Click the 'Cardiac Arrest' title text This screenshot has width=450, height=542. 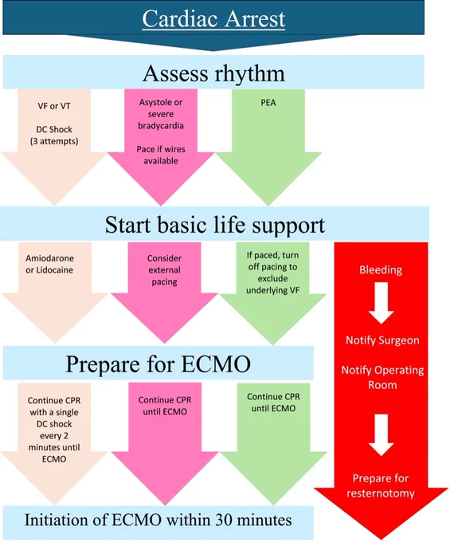pos(213,18)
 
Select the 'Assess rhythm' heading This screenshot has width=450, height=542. pos(213,73)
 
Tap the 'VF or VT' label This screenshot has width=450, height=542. pos(54,106)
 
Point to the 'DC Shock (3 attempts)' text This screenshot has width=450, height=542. pos(54,135)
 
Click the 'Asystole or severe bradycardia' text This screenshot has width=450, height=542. pos(161,114)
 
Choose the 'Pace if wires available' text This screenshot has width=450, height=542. pos(161,155)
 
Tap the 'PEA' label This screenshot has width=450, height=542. pos(268,103)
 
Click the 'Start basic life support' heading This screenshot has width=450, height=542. pos(215,225)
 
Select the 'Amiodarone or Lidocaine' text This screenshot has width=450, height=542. pos(49,264)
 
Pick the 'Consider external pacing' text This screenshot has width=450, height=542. pos(164,270)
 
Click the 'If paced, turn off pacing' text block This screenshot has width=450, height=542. pos(272,273)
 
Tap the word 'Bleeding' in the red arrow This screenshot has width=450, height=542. pos(381,269)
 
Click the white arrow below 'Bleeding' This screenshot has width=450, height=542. pos(381,303)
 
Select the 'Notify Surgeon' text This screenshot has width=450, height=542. pos(382,340)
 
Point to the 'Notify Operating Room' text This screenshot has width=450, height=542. pos(382,378)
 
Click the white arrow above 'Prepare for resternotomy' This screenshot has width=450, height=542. pos(381,435)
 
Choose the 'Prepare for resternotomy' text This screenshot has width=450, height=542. pos(381,485)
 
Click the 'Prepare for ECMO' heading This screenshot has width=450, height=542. pos(158,364)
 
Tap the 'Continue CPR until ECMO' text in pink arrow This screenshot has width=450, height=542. pos(165,406)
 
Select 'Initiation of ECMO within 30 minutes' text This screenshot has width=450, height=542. pos(158,520)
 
